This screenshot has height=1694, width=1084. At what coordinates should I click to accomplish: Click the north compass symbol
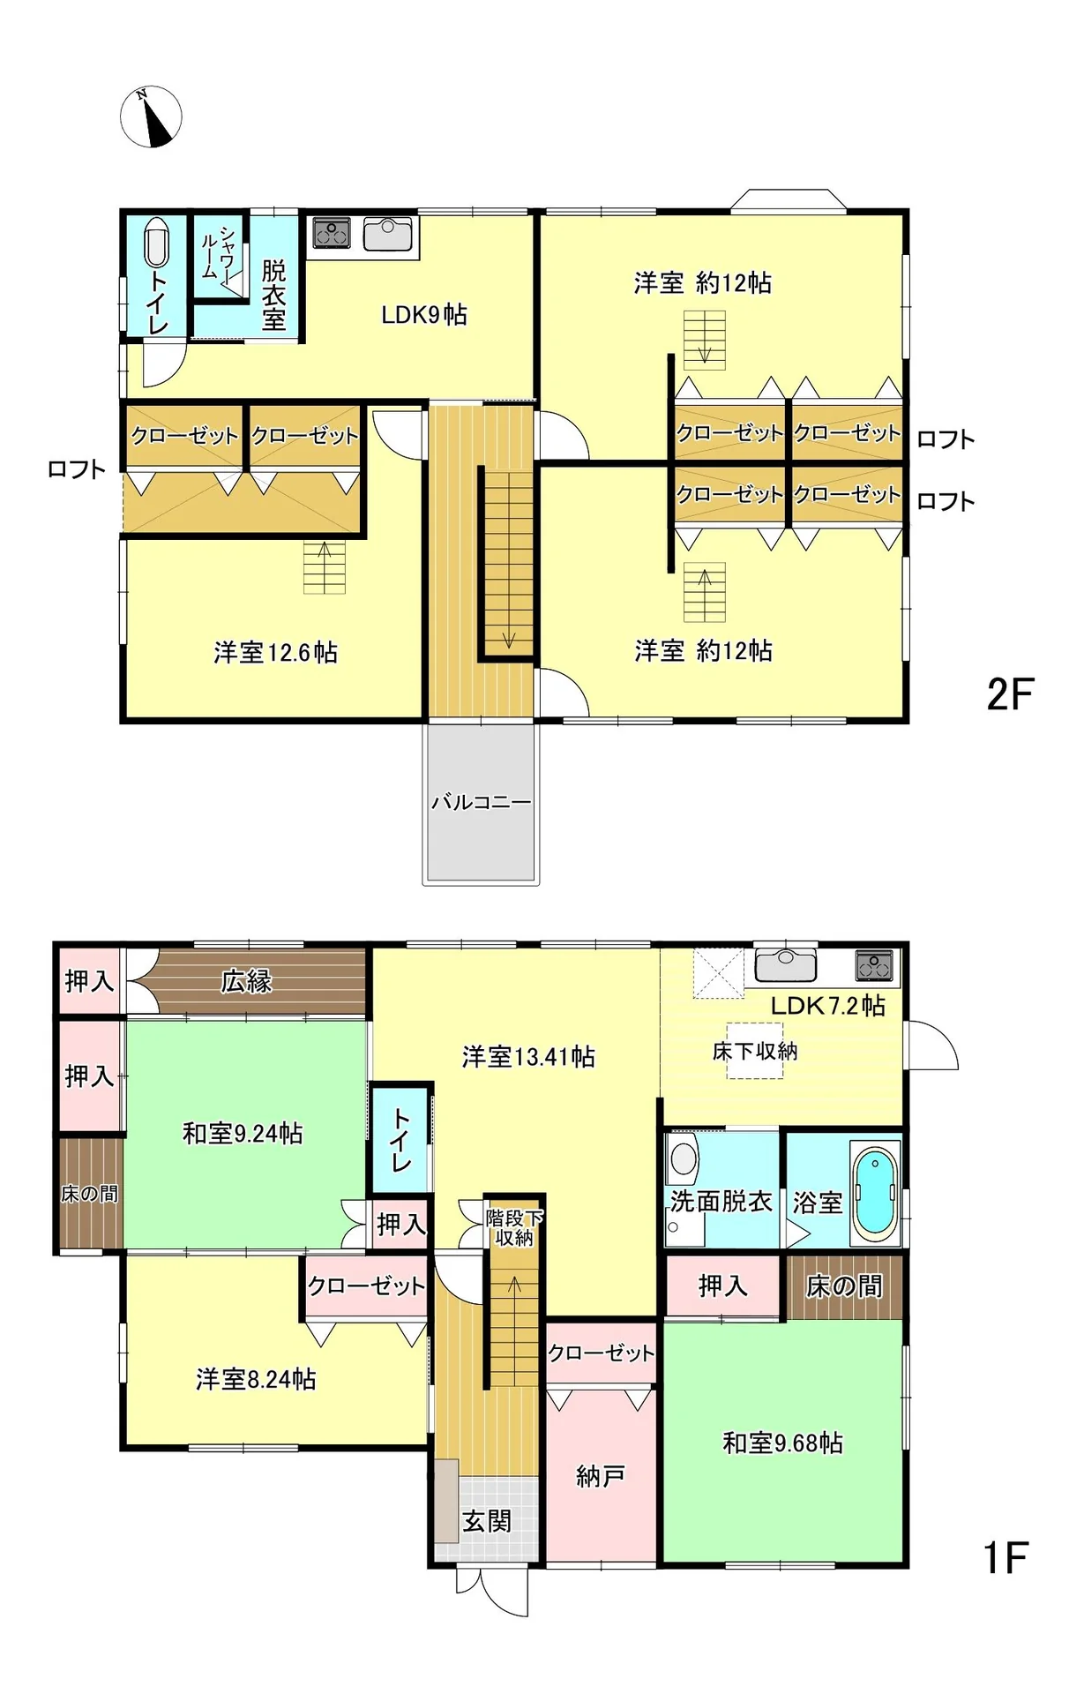click(151, 116)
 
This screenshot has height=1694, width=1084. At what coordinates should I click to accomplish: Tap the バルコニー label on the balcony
click(481, 802)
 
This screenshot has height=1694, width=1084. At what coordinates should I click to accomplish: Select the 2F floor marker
click(1010, 694)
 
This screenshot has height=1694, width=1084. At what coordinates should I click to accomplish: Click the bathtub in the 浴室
click(877, 1190)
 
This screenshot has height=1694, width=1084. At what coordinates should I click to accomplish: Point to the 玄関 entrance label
click(487, 1521)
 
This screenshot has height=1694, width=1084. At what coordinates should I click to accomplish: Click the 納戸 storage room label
click(600, 1475)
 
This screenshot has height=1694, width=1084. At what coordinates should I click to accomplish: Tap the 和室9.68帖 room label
click(782, 1443)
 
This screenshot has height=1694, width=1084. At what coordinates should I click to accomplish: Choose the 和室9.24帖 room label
click(243, 1133)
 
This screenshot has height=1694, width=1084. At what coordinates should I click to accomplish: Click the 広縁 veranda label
click(246, 981)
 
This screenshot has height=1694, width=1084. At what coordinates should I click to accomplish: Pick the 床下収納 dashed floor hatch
click(755, 1050)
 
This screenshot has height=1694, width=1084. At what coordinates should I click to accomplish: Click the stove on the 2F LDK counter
click(332, 234)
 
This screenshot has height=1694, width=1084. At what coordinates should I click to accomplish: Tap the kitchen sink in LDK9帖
click(388, 234)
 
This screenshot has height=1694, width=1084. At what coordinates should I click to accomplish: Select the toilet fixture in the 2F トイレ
click(156, 241)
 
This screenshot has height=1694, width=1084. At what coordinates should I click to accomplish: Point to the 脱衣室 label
click(273, 295)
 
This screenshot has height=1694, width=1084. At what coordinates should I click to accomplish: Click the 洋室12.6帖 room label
click(275, 652)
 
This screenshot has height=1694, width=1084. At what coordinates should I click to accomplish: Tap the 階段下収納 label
click(514, 1227)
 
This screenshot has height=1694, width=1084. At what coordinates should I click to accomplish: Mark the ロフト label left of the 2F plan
click(77, 469)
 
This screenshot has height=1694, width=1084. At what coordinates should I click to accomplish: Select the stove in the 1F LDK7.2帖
click(874, 966)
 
